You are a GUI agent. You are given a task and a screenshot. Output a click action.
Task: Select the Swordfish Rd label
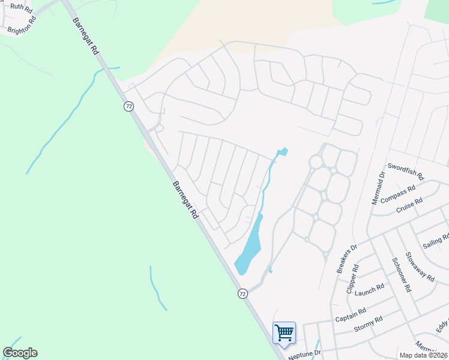click(406, 172)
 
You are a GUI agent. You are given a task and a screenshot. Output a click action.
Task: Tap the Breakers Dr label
click(347, 259)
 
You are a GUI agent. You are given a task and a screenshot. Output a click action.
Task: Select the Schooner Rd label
click(401, 274)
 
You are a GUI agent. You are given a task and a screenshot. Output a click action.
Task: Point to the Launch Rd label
click(369, 290)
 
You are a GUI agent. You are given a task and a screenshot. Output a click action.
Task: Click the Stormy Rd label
click(368, 325)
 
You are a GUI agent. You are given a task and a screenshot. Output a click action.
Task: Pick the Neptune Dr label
click(305, 355)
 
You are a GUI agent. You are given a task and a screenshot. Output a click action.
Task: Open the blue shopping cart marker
click(284, 332)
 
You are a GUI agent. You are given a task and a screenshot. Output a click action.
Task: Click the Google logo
click(20, 353)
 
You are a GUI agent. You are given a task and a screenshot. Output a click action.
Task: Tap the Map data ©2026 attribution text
click(423, 355)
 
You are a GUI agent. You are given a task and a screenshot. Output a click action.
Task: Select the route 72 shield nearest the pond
click(243, 293)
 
